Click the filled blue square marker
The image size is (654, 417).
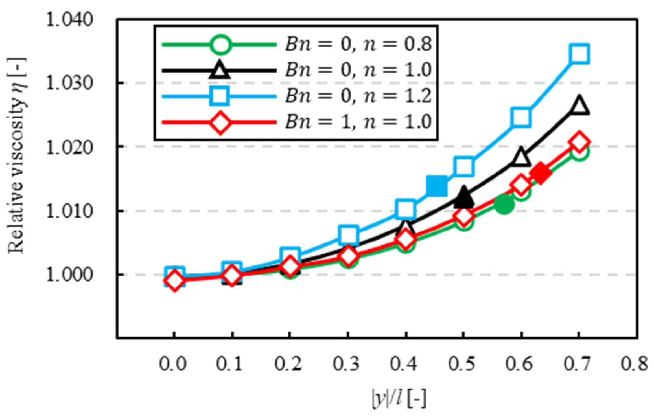click(x=437, y=186)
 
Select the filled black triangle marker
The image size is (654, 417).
click(x=463, y=198)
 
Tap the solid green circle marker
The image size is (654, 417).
click(x=504, y=205)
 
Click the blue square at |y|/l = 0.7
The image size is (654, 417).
click(x=579, y=54)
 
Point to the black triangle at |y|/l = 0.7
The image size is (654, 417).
click(x=579, y=106)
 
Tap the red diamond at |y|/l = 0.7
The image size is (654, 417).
click(x=579, y=142)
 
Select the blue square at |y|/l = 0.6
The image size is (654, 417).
click(x=521, y=117)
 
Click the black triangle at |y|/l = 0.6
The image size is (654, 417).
click(x=521, y=157)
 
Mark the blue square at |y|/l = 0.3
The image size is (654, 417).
click(x=348, y=234)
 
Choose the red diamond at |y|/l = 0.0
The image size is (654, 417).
click(x=175, y=281)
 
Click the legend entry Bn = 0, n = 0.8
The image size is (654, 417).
click(x=358, y=44)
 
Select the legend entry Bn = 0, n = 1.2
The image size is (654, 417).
click(x=358, y=96)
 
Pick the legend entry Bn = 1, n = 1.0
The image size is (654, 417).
click(x=358, y=122)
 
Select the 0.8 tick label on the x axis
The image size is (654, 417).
click(x=636, y=365)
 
